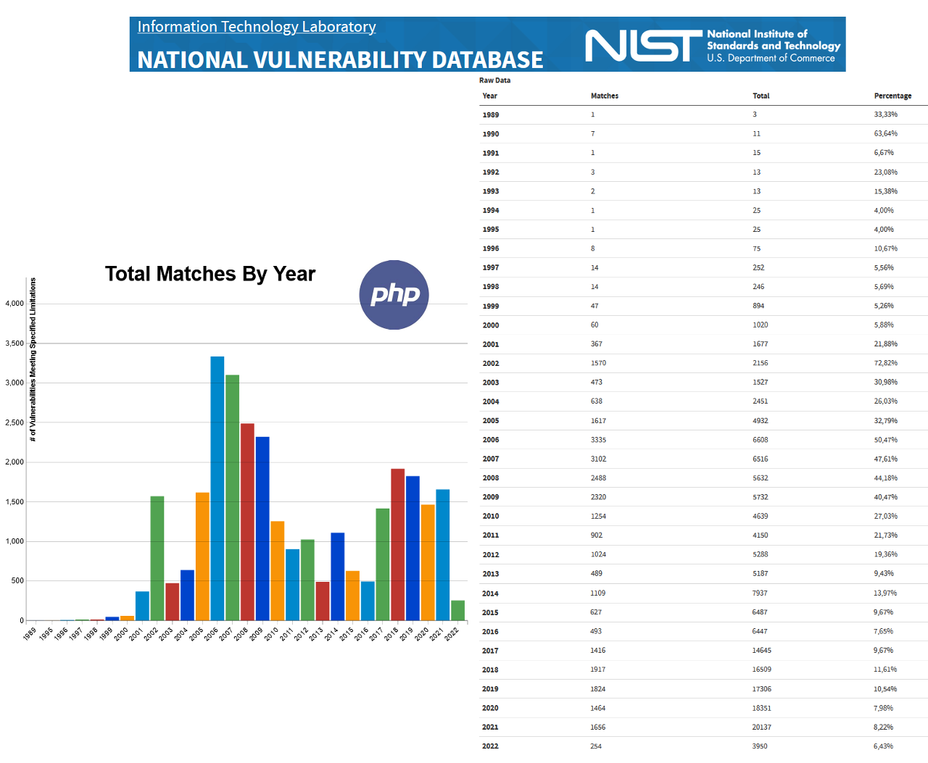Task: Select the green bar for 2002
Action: pyautogui.click(x=157, y=558)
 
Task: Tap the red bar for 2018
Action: pyautogui.click(x=397, y=544)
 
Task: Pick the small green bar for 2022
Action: pyautogui.click(x=457, y=610)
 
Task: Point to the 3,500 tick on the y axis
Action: pyautogui.click(x=14, y=343)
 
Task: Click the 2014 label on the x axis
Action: pyautogui.click(x=331, y=634)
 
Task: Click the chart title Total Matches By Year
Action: pyautogui.click(x=210, y=274)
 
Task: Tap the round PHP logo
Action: pyautogui.click(x=394, y=295)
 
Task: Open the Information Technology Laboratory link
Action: pyautogui.click(x=257, y=27)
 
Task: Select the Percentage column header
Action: pyautogui.click(x=892, y=96)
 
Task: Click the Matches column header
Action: pyautogui.click(x=604, y=96)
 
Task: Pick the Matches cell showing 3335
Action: pyautogui.click(x=598, y=440)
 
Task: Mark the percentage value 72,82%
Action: pyautogui.click(x=885, y=363)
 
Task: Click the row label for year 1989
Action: pyautogui.click(x=491, y=114)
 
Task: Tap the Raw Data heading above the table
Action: pyautogui.click(x=494, y=80)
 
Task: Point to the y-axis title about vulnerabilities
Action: pyautogui.click(x=33, y=359)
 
